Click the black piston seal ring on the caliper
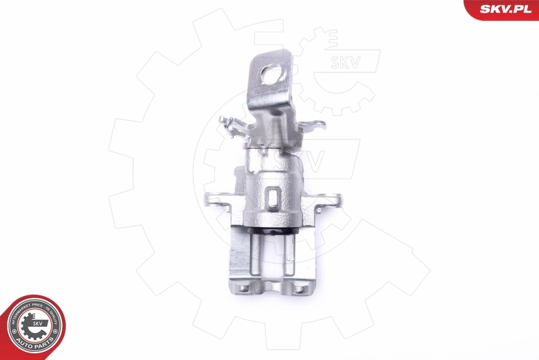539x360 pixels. point(272,233)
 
